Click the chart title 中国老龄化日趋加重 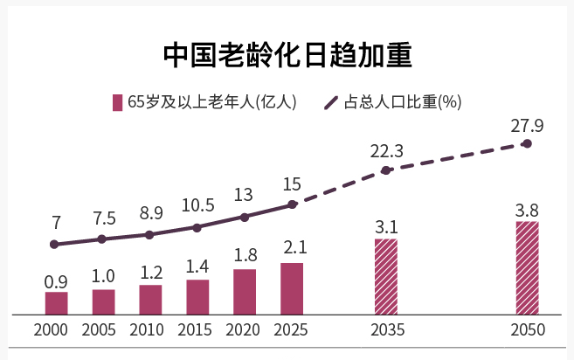(x=287, y=54)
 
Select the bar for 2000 (x=56, y=302)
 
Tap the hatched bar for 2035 (x=385, y=276)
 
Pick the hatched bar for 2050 (x=527, y=267)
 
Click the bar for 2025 (x=292, y=287)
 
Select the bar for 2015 (x=197, y=296)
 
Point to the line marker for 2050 (x=527, y=142)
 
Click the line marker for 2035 (x=386, y=170)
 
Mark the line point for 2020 (x=245, y=217)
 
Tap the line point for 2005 (x=102, y=239)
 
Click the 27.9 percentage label (x=527, y=126)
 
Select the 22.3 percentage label (x=386, y=152)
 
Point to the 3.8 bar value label (x=527, y=210)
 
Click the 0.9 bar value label (x=56, y=281)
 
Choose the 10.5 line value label (x=197, y=205)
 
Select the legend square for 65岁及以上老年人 (x=117, y=102)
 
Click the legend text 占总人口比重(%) (x=403, y=102)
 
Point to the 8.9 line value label (x=150, y=212)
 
